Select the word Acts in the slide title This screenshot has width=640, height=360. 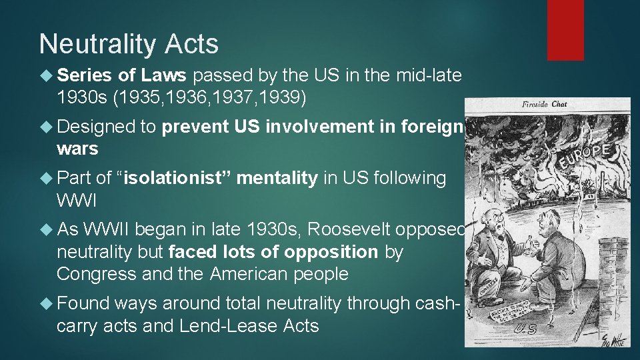pos(193,44)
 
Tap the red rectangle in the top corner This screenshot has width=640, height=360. pos(565,30)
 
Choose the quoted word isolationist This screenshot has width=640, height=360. pos(174,178)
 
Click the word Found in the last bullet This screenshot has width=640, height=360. pos(83,303)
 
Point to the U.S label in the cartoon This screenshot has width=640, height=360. pos(527,327)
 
